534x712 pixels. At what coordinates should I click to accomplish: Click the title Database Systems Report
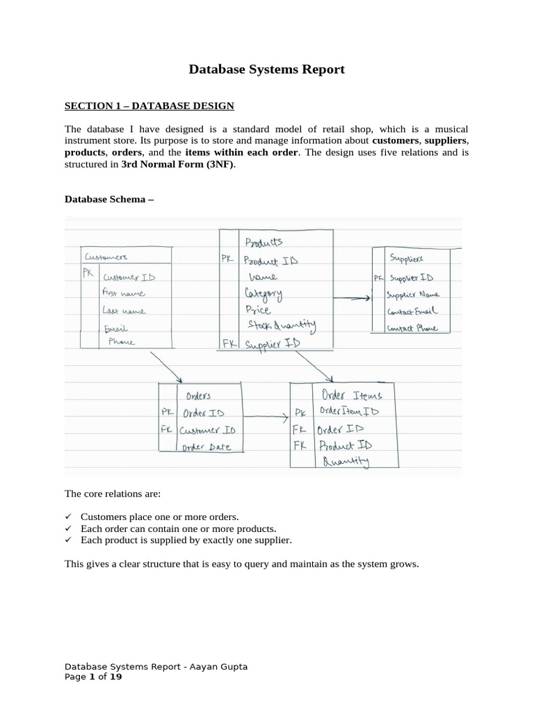267,70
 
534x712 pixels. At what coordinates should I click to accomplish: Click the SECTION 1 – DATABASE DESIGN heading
149,106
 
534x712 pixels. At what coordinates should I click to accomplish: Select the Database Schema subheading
108,199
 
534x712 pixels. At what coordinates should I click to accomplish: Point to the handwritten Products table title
264,242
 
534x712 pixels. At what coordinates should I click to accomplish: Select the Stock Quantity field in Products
282,324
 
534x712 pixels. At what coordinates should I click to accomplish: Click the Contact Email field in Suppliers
413,311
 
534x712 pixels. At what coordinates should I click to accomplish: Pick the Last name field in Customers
124,310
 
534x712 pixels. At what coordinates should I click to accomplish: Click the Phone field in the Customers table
122,341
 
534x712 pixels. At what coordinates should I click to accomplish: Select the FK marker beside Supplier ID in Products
229,343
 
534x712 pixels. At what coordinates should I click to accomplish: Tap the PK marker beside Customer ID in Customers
88,273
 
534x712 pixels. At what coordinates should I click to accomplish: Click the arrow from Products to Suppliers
351,298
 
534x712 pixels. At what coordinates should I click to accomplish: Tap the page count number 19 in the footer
115,677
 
